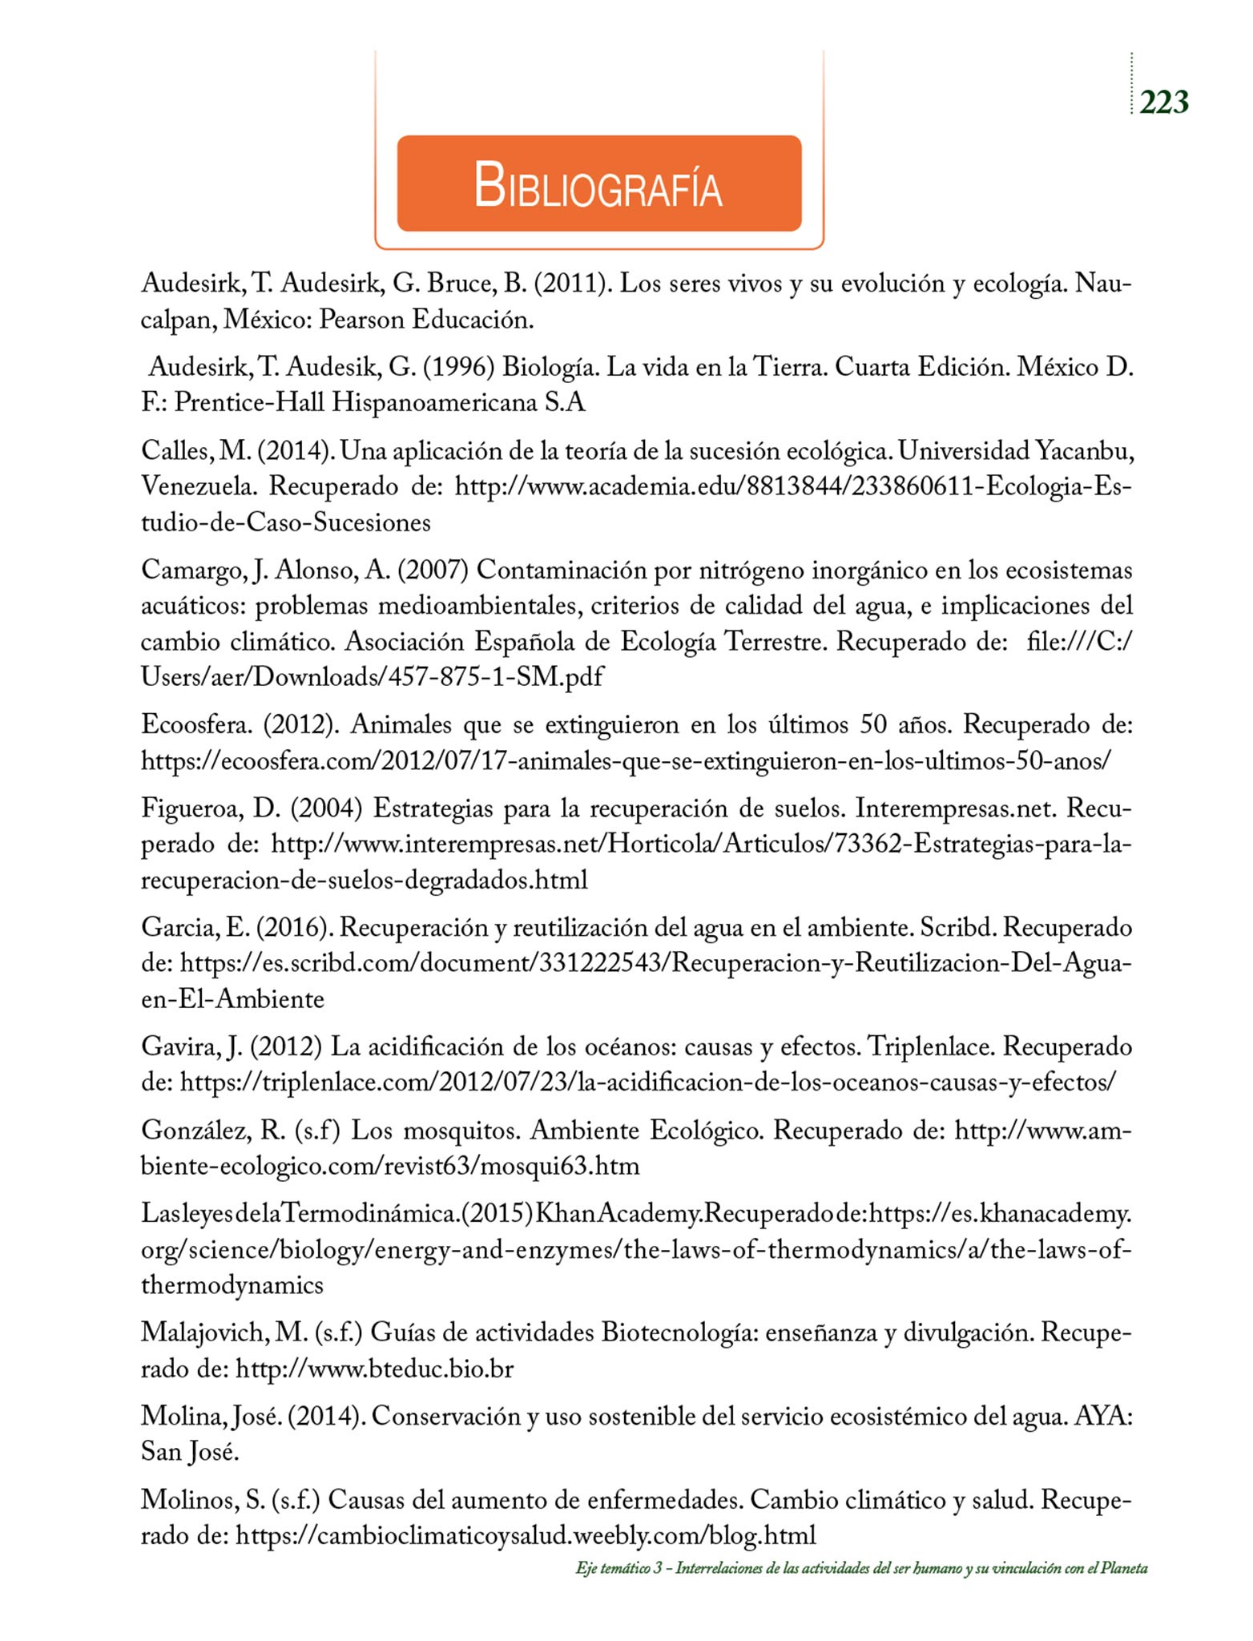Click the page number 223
[1163, 103]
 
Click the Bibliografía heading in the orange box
[598, 185]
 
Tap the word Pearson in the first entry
[361, 320]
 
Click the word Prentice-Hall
[249, 402]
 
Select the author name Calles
[175, 451]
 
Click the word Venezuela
[199, 486]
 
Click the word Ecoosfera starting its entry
[197, 724]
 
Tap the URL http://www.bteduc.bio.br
[374, 1369]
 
